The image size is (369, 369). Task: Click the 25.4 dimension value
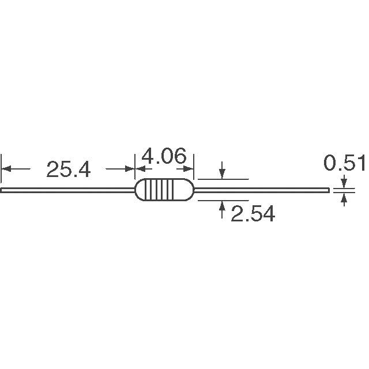[69, 170]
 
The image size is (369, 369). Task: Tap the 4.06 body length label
[164, 156]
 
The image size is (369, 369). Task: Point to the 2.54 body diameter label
[253, 213]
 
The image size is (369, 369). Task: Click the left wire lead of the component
[68, 190]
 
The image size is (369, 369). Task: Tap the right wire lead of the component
[261, 190]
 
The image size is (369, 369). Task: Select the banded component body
[164, 190]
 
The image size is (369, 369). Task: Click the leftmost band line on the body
[146, 190]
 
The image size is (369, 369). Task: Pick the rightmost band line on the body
[174, 190]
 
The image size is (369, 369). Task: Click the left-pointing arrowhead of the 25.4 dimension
[6, 169]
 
